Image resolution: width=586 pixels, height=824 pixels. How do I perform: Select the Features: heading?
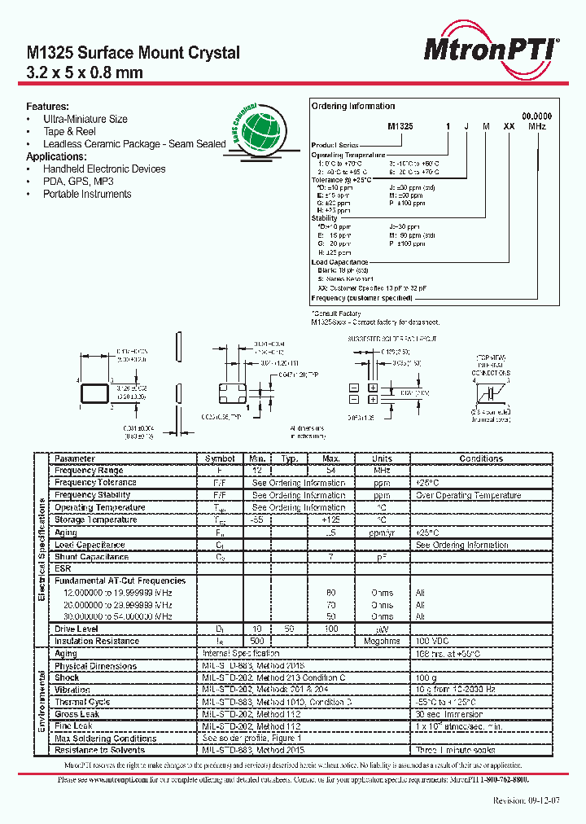point(47,107)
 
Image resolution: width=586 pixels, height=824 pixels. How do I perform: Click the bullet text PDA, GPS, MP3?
point(77,182)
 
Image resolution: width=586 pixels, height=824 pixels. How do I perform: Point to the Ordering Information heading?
point(353,107)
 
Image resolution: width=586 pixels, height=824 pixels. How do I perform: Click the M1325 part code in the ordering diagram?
point(400,127)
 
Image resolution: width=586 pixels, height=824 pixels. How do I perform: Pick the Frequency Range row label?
point(89,471)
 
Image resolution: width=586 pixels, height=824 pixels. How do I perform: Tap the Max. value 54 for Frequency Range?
point(330,471)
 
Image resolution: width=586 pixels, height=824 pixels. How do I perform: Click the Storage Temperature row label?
point(95,520)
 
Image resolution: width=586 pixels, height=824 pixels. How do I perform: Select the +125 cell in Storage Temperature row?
point(330,520)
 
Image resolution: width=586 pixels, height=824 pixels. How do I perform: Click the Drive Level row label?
point(76,629)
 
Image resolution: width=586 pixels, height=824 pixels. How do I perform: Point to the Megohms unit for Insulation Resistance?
point(382,642)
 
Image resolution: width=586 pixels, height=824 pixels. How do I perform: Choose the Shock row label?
point(67,677)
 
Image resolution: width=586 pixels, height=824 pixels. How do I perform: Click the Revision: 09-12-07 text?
point(527,800)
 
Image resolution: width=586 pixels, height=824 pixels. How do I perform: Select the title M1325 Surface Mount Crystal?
point(133,53)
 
